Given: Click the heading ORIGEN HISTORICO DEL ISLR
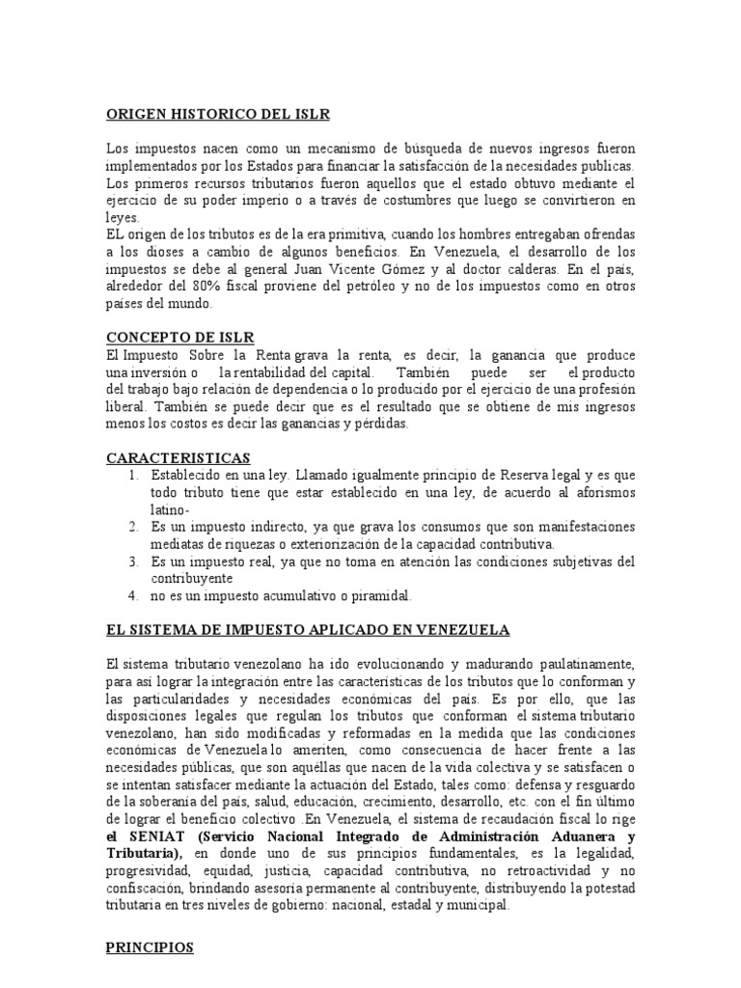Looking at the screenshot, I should coord(217,115).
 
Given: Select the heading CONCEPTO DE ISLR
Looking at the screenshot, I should coord(180,337).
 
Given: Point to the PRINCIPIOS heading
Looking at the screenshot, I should coord(150,948).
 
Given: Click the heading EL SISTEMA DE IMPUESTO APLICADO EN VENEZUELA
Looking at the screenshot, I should coord(307,630).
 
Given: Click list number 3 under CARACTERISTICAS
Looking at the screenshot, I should coord(133,562).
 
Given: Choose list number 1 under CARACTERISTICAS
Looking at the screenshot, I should coord(133,475).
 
